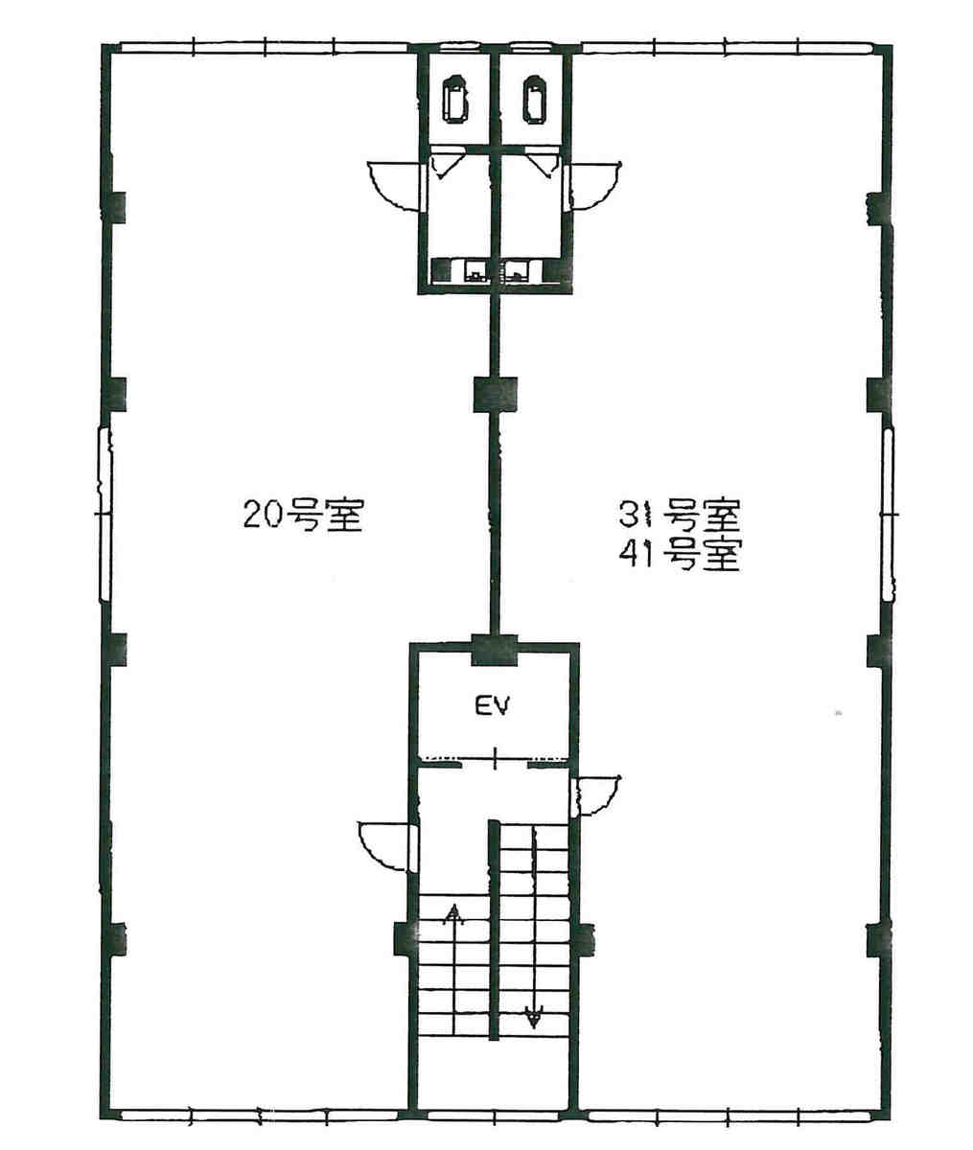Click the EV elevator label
(x=493, y=706)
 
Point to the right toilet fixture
(x=534, y=99)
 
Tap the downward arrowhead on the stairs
(x=534, y=1017)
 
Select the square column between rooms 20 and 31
(x=495, y=395)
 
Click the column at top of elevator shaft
(x=495, y=650)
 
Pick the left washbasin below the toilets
(x=475, y=271)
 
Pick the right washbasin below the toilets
(x=516, y=271)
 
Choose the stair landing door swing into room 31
(x=597, y=795)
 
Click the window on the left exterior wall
(x=105, y=515)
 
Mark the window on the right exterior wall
(x=889, y=515)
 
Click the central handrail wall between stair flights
(x=493, y=930)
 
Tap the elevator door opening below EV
(x=495, y=759)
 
